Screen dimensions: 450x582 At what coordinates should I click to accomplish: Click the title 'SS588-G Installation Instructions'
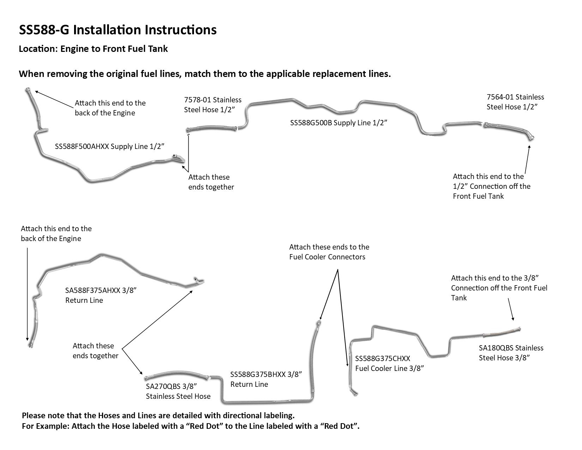117,30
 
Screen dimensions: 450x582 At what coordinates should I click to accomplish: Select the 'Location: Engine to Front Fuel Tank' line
93,49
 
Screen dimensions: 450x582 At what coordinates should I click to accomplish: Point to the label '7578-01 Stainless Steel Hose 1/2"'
212,105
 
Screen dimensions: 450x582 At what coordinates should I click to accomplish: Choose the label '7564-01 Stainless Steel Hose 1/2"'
515,102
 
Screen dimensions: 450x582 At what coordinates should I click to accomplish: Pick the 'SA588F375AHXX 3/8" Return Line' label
101,295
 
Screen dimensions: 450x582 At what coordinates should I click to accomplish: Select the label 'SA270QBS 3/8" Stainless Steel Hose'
178,391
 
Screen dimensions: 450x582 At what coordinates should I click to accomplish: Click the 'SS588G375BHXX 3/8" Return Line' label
266,379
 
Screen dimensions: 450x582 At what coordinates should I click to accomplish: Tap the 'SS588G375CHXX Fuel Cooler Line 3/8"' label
389,364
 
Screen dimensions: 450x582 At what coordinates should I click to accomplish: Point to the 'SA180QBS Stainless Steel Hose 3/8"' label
511,353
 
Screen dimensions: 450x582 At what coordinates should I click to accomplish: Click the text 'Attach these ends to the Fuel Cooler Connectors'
329,252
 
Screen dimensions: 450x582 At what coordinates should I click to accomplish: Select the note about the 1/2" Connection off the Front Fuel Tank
491,186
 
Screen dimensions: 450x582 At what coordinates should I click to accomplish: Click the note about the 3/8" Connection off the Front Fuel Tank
499,288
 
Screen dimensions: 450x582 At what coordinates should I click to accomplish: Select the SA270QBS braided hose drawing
176,376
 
